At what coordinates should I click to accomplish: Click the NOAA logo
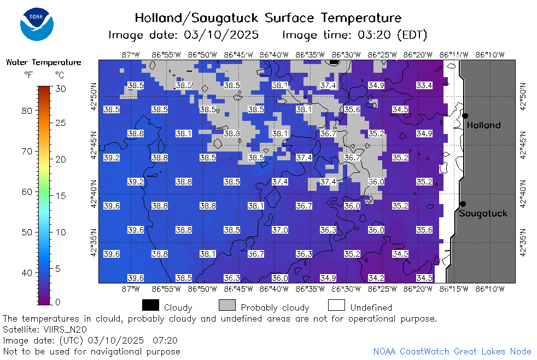click(x=37, y=25)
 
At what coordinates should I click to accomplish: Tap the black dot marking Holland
click(x=465, y=116)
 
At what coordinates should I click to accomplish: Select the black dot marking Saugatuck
click(x=463, y=204)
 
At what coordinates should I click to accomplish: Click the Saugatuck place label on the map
click(x=483, y=213)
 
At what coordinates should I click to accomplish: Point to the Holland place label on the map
click(x=483, y=125)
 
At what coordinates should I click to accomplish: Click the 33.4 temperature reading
click(x=424, y=85)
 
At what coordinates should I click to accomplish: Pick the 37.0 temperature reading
click(x=280, y=230)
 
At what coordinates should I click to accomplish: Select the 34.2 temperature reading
click(x=376, y=278)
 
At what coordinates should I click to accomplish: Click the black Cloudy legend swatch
click(x=150, y=305)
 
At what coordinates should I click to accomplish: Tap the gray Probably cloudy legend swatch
click(x=227, y=305)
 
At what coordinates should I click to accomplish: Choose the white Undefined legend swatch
click(x=336, y=305)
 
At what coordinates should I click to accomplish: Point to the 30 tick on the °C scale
click(x=60, y=89)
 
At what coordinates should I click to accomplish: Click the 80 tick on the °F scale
click(x=27, y=111)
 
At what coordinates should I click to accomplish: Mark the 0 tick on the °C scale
click(x=57, y=302)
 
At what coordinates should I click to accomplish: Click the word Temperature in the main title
click(x=361, y=18)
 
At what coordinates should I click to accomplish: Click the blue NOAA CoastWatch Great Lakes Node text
click(x=452, y=351)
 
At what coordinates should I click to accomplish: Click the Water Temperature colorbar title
click(x=44, y=62)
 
